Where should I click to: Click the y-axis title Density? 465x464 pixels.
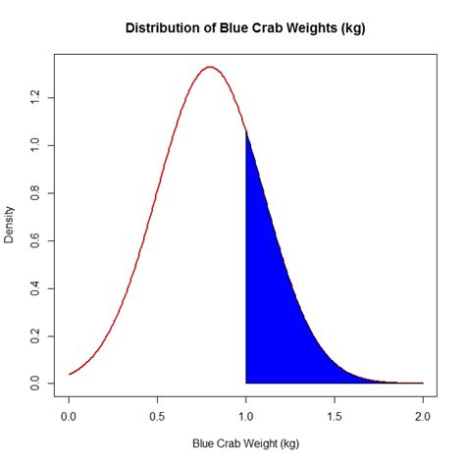11,224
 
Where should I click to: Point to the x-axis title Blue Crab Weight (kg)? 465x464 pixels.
246,444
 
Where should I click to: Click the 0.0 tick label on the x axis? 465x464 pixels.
69,415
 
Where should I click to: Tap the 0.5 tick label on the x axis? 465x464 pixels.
157,415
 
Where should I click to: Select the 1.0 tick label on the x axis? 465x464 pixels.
246,415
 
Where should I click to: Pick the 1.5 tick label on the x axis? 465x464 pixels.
335,415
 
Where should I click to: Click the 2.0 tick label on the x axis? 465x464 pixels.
423,415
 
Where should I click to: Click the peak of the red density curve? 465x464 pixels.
210,68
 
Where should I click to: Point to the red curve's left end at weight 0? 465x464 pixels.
69,374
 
